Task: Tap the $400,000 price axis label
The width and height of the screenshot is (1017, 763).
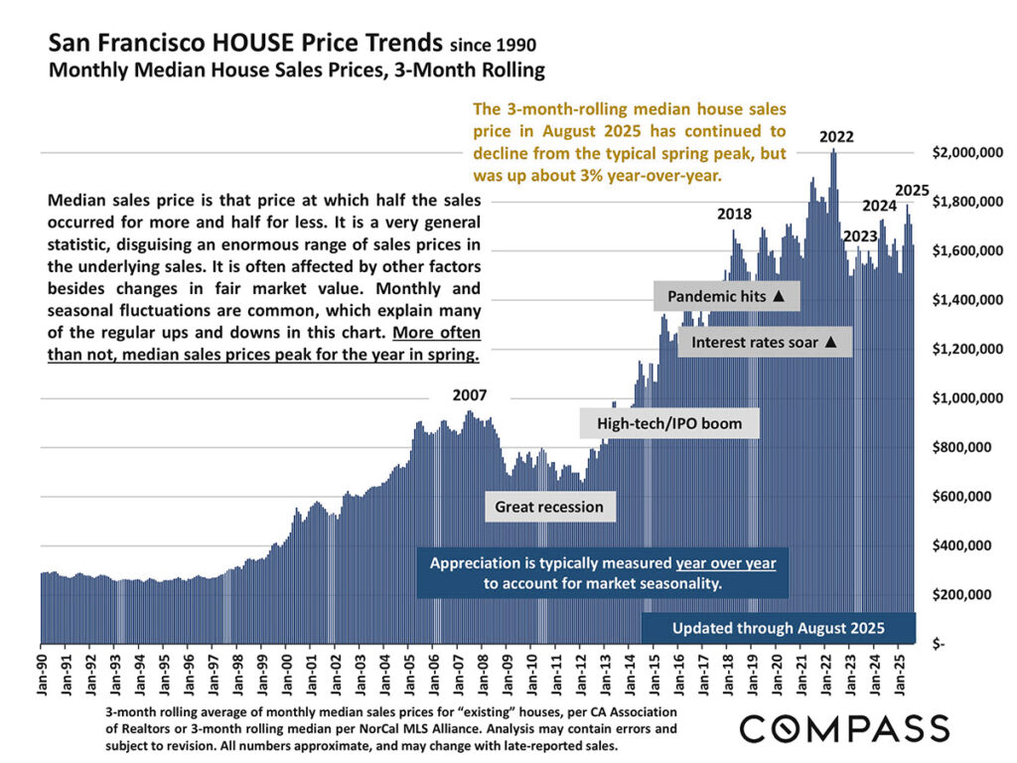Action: (x=972, y=545)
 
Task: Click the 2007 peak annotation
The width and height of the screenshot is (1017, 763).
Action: (x=470, y=394)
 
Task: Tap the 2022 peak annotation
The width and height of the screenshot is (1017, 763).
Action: (x=836, y=138)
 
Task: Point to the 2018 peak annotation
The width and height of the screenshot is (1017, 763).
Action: (x=734, y=214)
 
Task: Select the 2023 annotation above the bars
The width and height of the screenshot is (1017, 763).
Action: (x=860, y=236)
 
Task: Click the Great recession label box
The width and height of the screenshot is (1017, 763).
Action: (x=549, y=507)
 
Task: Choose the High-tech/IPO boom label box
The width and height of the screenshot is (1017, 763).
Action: (x=669, y=423)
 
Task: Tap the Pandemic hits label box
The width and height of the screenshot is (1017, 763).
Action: (x=726, y=296)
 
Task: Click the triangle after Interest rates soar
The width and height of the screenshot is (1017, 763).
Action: (x=831, y=343)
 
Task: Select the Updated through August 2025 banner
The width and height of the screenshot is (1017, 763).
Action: (x=778, y=628)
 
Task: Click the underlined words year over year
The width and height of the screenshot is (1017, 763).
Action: (x=726, y=563)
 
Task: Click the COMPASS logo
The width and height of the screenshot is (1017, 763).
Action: (x=844, y=728)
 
